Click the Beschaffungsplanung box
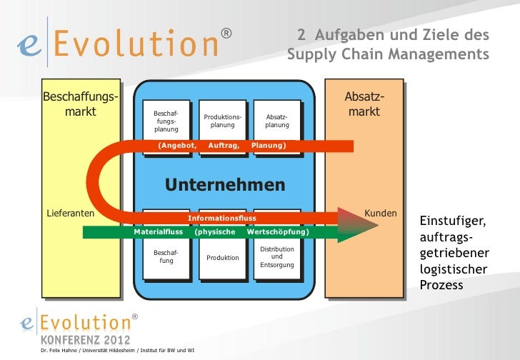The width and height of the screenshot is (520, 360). point(166,121)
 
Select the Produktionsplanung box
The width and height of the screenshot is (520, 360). point(222,121)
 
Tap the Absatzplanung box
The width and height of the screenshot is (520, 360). point(277,121)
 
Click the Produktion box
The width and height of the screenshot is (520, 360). point(222,257)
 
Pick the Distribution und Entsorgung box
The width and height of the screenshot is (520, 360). point(277,257)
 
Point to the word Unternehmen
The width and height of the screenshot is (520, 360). point(225,185)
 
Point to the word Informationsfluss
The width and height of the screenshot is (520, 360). point(221,218)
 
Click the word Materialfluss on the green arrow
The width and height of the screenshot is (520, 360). point(159,232)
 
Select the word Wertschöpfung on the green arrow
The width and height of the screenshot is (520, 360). point(277,232)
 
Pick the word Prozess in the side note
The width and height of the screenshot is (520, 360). point(441,285)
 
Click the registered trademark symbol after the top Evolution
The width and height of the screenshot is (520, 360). point(226,34)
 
